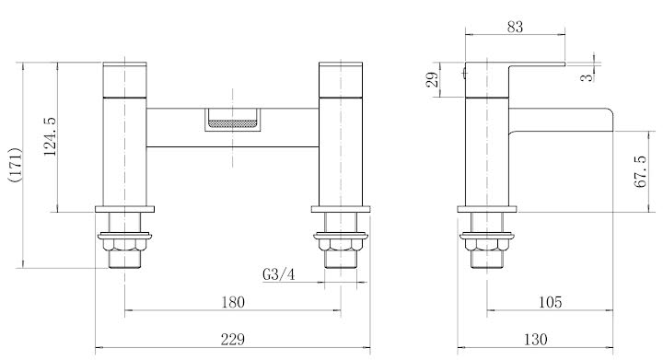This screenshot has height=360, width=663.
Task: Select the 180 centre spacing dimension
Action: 233,302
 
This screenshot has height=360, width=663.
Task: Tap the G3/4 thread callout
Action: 279,274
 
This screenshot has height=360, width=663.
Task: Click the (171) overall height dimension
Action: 13,166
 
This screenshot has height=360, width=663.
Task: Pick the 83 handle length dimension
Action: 515,28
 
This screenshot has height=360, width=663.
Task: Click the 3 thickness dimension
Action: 587,78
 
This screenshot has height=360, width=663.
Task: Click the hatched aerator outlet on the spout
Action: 232,119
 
